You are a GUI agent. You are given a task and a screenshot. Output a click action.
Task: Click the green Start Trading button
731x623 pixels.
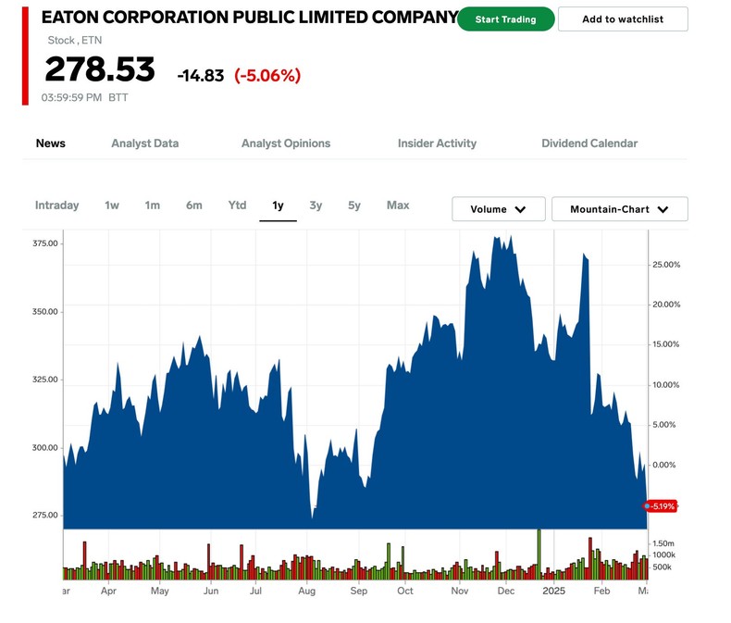pyautogui.click(x=505, y=19)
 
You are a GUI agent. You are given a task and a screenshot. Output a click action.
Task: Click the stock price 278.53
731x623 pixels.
pyautogui.click(x=100, y=71)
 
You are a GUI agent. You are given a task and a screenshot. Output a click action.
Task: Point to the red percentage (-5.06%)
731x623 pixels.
pyautogui.click(x=267, y=76)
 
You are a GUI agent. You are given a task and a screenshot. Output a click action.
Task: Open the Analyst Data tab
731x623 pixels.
pyautogui.click(x=144, y=143)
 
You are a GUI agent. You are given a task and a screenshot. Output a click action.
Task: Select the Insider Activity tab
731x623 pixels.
pyautogui.click(x=437, y=143)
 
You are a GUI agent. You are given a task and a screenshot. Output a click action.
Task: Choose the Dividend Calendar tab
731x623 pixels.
pyautogui.click(x=589, y=143)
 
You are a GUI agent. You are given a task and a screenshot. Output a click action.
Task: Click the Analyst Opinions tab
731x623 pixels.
pyautogui.click(x=285, y=143)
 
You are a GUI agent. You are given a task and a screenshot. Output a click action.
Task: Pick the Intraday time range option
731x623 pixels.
pyautogui.click(x=56, y=206)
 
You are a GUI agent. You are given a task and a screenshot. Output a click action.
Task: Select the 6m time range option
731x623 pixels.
pyautogui.click(x=193, y=206)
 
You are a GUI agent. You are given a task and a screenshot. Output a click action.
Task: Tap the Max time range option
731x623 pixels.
pyautogui.click(x=398, y=206)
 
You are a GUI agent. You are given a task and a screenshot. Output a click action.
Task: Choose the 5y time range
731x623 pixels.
pyautogui.click(x=354, y=206)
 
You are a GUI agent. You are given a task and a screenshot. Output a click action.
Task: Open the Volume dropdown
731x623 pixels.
pyautogui.click(x=498, y=209)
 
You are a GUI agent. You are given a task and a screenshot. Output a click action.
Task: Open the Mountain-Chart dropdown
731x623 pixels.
pyautogui.click(x=619, y=209)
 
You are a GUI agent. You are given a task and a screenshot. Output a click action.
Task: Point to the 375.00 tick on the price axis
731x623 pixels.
pyautogui.click(x=44, y=243)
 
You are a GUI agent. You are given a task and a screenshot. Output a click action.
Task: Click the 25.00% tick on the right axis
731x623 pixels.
pyautogui.click(x=666, y=265)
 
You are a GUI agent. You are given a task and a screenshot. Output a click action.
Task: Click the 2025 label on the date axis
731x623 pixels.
pyautogui.click(x=553, y=591)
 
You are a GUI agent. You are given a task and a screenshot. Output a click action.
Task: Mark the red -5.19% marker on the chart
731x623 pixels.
pyautogui.click(x=662, y=506)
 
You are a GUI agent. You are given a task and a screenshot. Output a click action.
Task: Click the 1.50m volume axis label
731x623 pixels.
pyautogui.click(x=663, y=543)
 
